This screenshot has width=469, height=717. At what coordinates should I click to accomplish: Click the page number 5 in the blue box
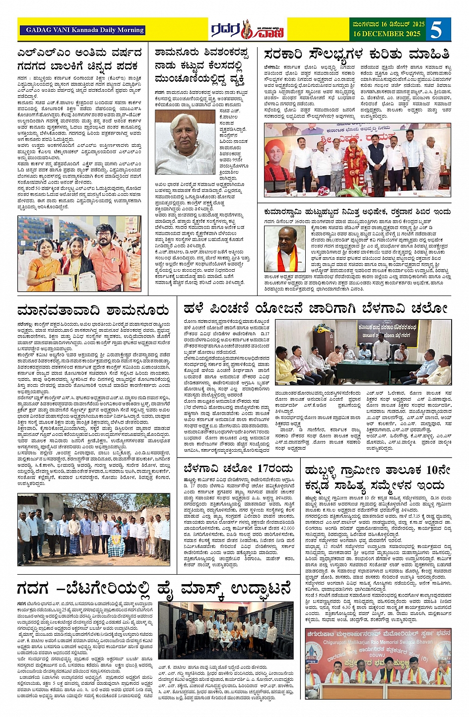[436, 30]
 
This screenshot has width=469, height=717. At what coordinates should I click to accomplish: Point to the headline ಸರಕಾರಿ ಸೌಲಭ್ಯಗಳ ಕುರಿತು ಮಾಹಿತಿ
[357, 54]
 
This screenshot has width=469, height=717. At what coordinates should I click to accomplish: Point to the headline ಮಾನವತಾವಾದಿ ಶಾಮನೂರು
[93, 311]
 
